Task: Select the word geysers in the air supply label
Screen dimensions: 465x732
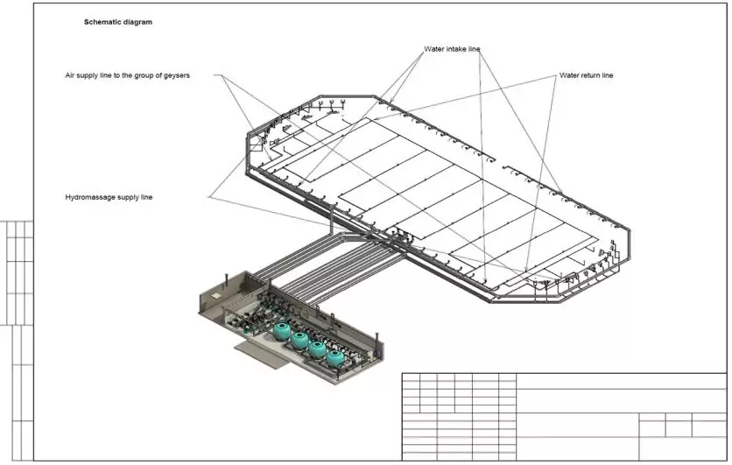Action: point(176,76)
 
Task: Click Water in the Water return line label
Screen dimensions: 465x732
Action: point(570,76)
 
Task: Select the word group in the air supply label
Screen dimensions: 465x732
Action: point(146,76)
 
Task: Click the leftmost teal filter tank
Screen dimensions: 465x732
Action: point(282,330)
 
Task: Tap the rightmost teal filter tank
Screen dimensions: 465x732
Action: point(334,356)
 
